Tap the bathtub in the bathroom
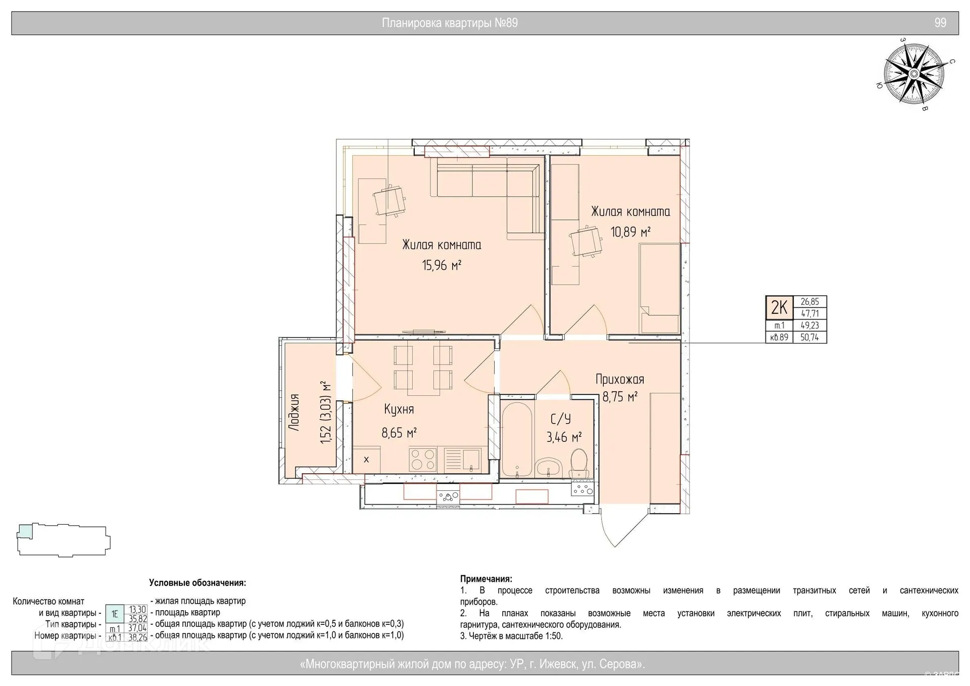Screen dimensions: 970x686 point(516,439)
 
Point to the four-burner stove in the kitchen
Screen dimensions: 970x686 point(423,460)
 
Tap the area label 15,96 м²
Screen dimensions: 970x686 point(442,265)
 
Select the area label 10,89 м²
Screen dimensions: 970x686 point(630,232)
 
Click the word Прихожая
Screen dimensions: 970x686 point(620,379)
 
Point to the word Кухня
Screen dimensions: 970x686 point(399,409)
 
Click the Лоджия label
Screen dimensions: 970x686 point(294,413)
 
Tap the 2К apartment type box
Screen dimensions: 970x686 point(780,307)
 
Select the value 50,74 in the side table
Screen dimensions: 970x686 point(810,337)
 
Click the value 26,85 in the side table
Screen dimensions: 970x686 point(810,302)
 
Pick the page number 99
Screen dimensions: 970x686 point(940,23)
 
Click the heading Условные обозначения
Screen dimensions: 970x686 point(198,583)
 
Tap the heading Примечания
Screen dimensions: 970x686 point(486,579)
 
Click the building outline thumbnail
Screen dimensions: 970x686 point(64,540)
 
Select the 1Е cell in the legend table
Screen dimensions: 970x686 point(115,614)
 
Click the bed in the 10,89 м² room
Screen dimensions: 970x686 point(659,288)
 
